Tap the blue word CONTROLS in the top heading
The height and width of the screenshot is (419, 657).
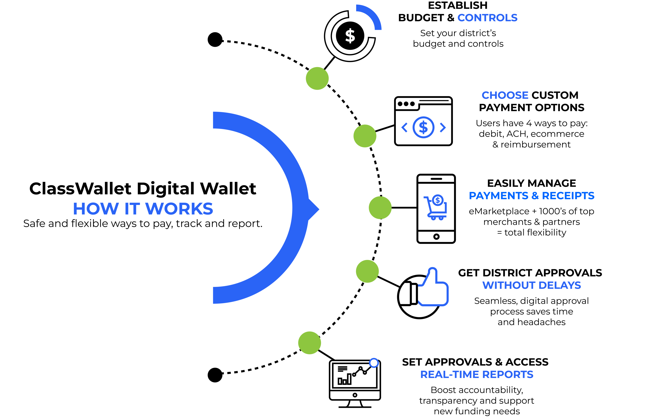[487, 18]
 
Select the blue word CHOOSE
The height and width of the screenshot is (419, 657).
[505, 95]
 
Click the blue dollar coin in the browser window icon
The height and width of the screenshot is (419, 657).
[423, 127]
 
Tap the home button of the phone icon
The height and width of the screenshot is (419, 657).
[436, 236]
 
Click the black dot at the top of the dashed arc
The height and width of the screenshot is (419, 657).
[215, 40]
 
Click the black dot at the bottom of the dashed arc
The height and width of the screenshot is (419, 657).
[215, 375]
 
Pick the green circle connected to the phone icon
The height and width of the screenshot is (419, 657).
[380, 208]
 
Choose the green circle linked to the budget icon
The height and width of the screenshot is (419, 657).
[317, 78]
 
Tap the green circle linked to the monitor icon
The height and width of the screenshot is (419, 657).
[309, 343]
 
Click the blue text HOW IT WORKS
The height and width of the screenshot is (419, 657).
[143, 209]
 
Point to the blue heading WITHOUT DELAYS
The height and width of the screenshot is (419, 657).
[531, 285]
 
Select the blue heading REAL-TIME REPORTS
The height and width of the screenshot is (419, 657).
[477, 375]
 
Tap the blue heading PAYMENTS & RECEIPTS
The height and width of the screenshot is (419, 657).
[531, 196]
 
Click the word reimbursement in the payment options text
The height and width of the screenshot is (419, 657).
[535, 145]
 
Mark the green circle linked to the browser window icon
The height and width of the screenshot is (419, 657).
[365, 136]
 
